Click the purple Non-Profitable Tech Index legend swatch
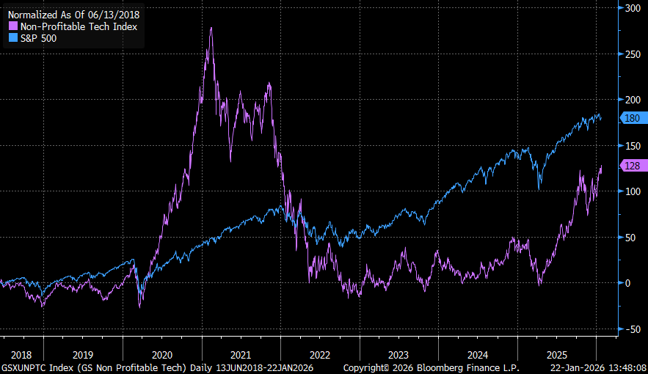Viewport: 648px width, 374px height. pos(12,26)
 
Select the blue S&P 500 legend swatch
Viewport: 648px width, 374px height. pos(12,38)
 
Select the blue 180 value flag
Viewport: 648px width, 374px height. pos(633,118)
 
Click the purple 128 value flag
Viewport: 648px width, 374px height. pos(633,166)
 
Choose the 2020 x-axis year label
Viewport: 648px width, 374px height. pos(162,353)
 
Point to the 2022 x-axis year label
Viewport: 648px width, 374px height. pos(320,353)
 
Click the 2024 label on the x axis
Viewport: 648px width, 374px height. pos(478,353)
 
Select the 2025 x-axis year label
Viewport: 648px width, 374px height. pos(557,353)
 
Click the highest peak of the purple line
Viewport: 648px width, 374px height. pos(211,28)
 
